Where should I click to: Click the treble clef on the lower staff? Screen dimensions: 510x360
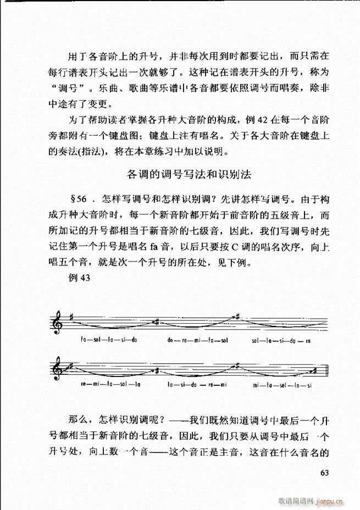(58, 370)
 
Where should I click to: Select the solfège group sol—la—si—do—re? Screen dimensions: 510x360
(281, 340)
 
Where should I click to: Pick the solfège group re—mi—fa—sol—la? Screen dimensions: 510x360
(109, 384)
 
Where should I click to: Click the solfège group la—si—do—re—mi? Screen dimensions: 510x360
(197, 384)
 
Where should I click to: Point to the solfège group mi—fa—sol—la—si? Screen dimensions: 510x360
(283, 384)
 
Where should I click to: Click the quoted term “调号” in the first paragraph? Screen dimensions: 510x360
(64, 87)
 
